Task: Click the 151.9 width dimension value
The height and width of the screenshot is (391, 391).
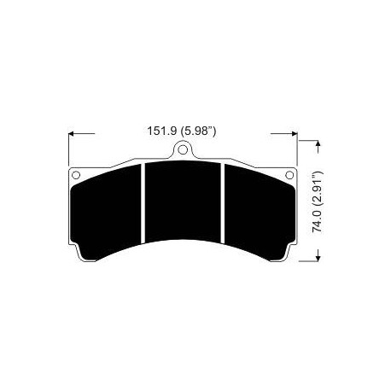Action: [x=161, y=132]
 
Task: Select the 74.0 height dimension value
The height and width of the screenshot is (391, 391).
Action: [x=316, y=220]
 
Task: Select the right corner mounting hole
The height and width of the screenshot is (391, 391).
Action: [x=289, y=178]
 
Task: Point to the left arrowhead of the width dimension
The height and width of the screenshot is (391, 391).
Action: [x=71, y=133]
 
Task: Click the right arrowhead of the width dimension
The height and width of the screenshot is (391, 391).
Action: [x=292, y=133]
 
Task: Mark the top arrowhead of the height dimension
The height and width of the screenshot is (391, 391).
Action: [x=317, y=147]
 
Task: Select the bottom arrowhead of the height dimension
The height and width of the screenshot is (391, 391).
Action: [x=317, y=258]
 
